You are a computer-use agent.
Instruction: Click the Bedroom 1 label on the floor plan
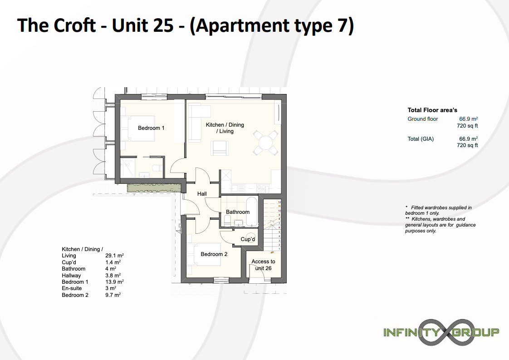[151, 128]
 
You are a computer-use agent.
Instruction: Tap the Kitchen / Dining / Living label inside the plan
[225, 128]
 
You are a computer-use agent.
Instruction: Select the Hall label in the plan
[202, 194]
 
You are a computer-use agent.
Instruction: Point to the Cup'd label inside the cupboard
[248, 239]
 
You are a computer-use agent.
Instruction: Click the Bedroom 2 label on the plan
[214, 254]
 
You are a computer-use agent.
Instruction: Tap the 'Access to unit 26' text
[263, 265]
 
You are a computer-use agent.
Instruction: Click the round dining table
[265, 143]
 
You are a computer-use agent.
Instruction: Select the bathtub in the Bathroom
[252, 212]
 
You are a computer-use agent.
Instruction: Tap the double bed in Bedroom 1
[137, 128]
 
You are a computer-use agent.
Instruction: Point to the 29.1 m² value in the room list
[115, 256]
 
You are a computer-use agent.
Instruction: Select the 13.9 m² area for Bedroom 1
[115, 282]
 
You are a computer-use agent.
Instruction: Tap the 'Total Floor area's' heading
[432, 110]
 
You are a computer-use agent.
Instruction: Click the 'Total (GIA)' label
[421, 139]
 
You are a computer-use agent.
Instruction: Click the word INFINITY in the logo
[411, 332]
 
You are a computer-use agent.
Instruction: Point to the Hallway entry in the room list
[71, 276]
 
